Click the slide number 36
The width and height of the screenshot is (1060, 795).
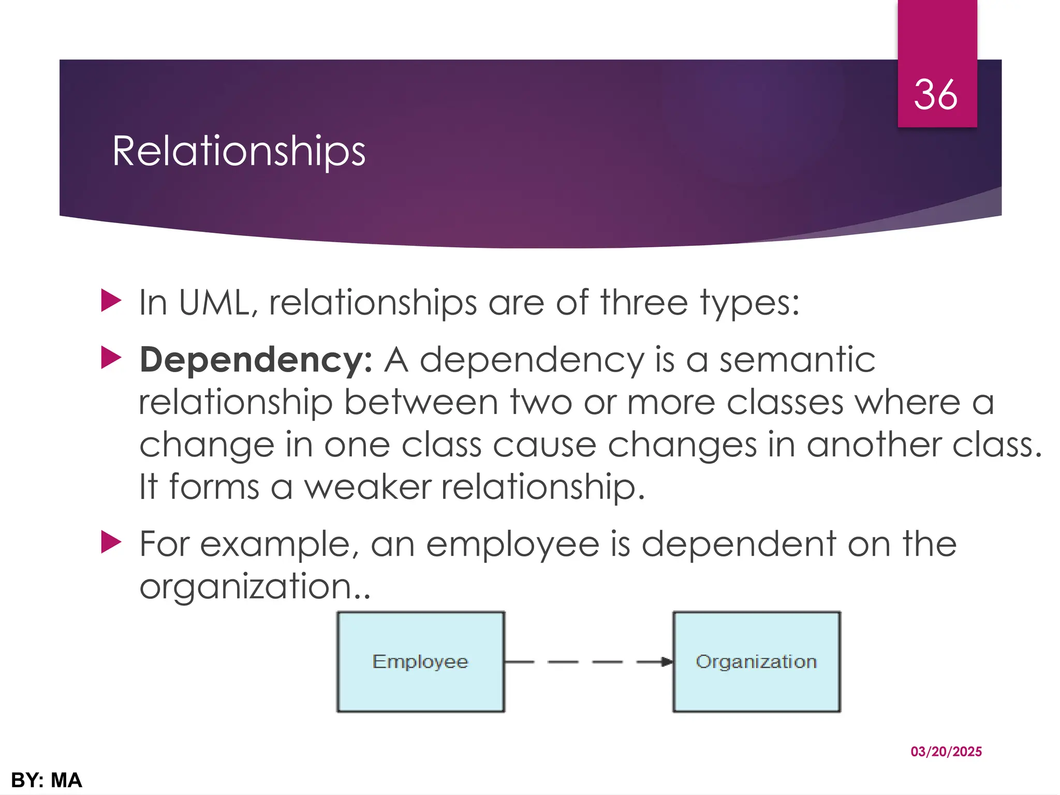coord(935,95)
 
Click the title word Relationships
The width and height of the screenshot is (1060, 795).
coord(239,151)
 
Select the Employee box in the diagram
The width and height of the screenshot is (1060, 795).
coord(420,662)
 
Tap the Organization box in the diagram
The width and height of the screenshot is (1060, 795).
coord(756,662)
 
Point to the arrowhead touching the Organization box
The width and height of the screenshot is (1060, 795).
coord(667,662)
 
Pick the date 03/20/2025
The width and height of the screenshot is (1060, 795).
coord(946,752)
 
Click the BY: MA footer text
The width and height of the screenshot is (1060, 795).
coord(47,781)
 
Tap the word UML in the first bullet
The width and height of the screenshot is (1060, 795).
coord(217,303)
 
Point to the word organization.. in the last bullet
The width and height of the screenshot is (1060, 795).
coord(255,587)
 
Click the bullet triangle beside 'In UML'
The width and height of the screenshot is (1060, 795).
coord(111,301)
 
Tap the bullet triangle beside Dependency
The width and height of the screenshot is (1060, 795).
coord(111,358)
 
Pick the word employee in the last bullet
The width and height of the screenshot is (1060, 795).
coord(512,544)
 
